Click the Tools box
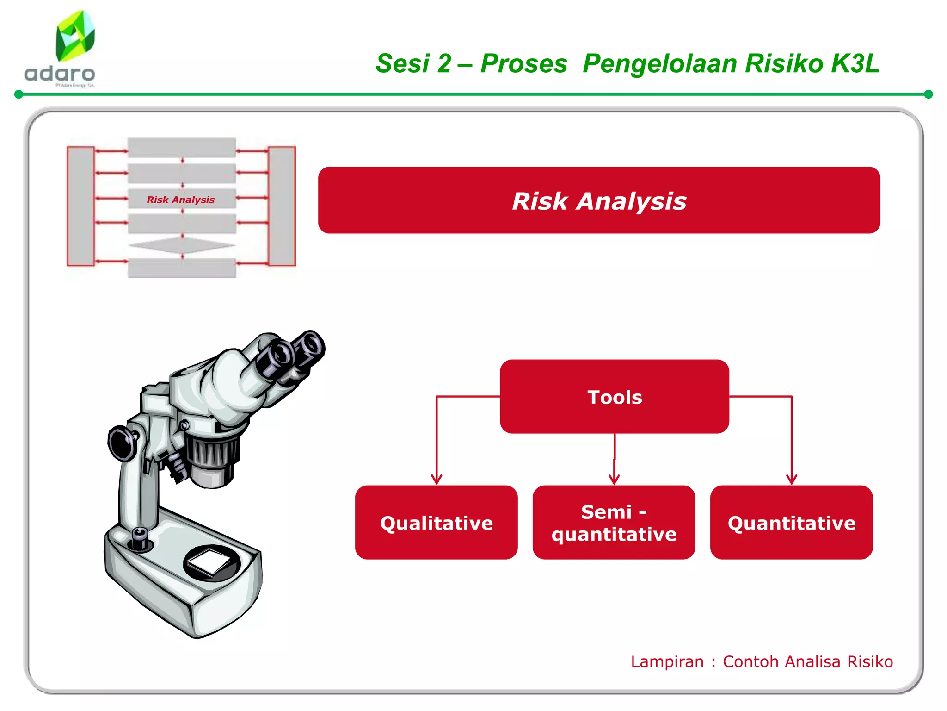[x=614, y=397]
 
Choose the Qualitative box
[x=436, y=523]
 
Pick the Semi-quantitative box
[x=614, y=523]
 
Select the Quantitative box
[x=791, y=523]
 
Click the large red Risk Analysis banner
[x=599, y=200]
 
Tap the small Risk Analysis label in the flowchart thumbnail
[x=181, y=200]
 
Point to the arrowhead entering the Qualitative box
[x=437, y=480]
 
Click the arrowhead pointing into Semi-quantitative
[x=614, y=480]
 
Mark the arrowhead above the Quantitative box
[x=792, y=480]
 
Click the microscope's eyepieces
[x=291, y=354]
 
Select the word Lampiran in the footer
[x=667, y=661]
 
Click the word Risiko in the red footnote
[x=870, y=661]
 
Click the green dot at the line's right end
[x=928, y=94]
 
